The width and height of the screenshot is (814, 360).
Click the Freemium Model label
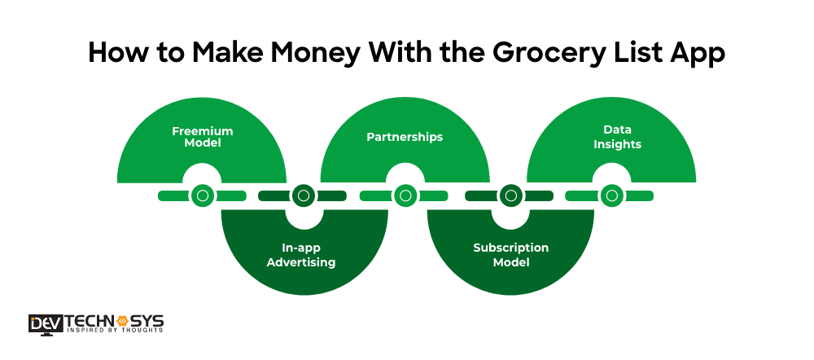coord(202,137)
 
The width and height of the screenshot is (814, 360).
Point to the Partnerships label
coord(405,137)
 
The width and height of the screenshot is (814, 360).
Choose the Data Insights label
coord(611,137)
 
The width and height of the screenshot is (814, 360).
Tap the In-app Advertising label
coord(303,255)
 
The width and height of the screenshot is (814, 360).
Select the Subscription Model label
coord(510,255)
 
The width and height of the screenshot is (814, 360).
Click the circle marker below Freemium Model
coord(202,195)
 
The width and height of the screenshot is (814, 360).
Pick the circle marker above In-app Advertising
coord(303,195)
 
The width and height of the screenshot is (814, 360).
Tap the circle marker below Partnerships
coord(405,195)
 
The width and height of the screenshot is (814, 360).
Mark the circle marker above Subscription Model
coord(510,195)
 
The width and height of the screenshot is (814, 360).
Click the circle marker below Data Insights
coord(611,195)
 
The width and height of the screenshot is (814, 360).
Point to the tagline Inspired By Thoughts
coord(114,331)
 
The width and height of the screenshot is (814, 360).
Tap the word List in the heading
coord(630,52)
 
